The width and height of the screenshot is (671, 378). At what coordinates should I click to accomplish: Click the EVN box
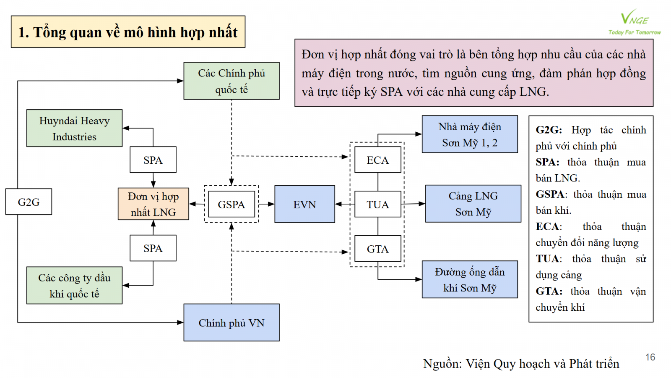[x=304, y=204]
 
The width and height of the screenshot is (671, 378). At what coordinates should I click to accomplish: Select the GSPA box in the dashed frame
[x=231, y=204]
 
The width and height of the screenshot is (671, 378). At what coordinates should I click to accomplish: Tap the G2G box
[x=29, y=202]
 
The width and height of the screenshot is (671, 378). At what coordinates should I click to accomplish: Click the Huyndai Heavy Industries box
[x=74, y=128]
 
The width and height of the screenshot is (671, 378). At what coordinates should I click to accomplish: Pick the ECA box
[x=377, y=160]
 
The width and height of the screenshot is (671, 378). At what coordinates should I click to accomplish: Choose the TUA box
[x=377, y=204]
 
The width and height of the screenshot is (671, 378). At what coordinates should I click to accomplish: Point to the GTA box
[x=377, y=249]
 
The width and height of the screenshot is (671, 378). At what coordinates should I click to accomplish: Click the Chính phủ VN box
[x=231, y=323]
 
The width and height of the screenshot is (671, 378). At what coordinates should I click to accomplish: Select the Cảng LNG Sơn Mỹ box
[x=473, y=204]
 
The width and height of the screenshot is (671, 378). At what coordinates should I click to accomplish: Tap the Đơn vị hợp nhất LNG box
[x=153, y=204]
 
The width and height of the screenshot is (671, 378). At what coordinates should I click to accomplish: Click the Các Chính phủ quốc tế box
[x=231, y=81]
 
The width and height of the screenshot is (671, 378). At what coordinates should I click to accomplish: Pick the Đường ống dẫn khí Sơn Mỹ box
[x=470, y=279]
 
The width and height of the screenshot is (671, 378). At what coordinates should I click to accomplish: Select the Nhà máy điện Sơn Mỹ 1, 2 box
[x=470, y=134]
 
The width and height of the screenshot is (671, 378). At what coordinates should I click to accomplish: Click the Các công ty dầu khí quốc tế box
[x=74, y=286]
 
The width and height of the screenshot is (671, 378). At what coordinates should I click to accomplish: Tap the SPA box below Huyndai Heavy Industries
[x=153, y=160]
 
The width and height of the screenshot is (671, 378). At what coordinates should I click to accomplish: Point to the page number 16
[x=650, y=357]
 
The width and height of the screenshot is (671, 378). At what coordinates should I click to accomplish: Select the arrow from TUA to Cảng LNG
[x=414, y=204]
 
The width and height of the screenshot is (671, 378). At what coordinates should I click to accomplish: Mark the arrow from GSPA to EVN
[x=267, y=204]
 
